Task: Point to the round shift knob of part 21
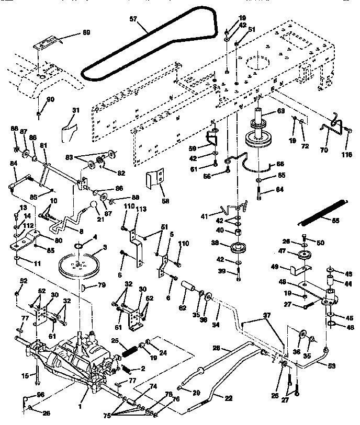click(93, 205)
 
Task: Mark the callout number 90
click(50, 100)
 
